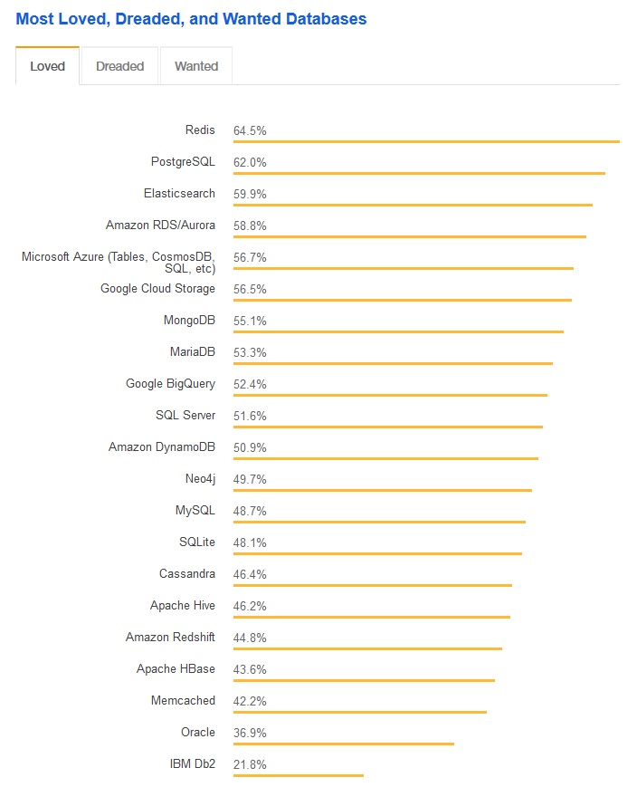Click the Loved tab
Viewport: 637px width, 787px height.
47,66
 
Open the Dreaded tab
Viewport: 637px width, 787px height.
119,66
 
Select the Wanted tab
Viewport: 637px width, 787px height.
196,66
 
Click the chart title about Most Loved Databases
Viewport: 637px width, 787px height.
191,19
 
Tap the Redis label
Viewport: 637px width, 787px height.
200,130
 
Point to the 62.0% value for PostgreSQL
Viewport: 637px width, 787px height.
250,162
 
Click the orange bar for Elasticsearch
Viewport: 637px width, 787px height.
413,205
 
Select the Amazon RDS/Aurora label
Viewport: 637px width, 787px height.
160,226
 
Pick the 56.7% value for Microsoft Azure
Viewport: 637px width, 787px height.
250,257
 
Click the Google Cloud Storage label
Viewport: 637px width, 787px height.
157,289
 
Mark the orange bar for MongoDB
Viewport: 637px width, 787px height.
398,331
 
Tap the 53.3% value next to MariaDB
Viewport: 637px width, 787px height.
250,352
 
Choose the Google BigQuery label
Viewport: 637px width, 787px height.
170,384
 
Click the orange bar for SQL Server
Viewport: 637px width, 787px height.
387,427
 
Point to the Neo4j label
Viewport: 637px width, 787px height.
200,479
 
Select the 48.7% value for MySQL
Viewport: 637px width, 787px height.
250,511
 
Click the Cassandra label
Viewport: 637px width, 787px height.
187,574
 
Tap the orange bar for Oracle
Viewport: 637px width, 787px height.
343,744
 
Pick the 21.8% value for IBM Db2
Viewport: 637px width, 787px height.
250,764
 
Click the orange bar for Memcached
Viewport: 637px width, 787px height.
359,712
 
